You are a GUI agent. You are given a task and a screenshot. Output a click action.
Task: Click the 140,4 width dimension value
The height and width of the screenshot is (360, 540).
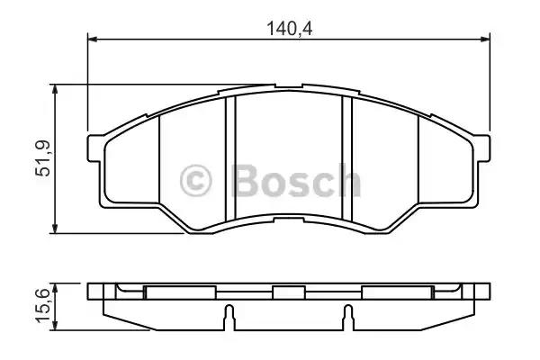290,29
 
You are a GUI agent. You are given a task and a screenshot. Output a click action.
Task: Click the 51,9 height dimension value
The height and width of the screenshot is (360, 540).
43,158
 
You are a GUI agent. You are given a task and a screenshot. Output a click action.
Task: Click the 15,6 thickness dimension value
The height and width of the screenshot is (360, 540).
43,306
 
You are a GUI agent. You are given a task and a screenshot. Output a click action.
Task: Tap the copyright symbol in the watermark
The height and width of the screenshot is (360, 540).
195,180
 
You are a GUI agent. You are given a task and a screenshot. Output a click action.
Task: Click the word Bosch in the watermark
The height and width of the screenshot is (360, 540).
296,180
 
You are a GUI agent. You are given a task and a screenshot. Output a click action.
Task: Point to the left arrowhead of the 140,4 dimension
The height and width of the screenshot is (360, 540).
93,40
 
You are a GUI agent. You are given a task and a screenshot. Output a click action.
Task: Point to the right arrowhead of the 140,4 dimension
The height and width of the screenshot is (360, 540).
485,40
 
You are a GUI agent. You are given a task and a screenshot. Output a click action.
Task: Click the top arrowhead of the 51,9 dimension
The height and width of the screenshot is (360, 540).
54,89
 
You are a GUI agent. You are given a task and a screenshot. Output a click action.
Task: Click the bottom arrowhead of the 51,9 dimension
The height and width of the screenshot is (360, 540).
54,229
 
